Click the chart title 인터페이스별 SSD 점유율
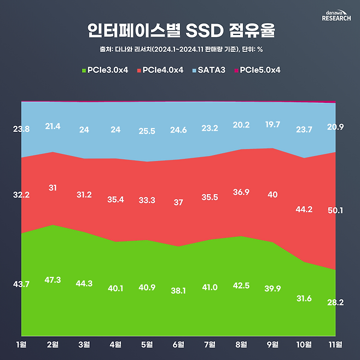coord(180,31)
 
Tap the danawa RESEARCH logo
coord(334,15)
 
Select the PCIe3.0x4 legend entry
coord(104,70)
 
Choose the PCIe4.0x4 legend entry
coord(162,70)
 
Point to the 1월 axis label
coord(21,344)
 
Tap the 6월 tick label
coord(178,344)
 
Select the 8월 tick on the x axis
coord(241,344)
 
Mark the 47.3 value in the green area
coord(53,280)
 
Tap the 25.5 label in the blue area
coord(147,131)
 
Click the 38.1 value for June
coord(178,291)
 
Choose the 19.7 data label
coord(272,125)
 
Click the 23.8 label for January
coord(21,130)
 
